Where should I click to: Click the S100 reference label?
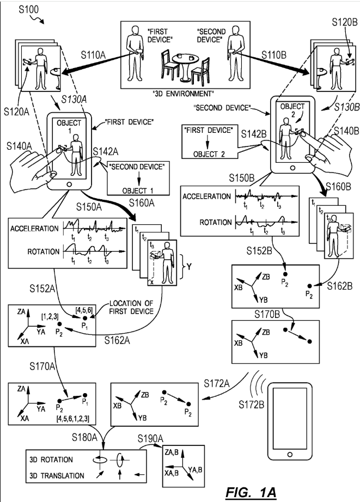(x=28, y=9)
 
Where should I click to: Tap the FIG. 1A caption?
(x=251, y=492)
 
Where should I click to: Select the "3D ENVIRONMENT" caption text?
(x=184, y=94)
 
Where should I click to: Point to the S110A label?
(x=93, y=55)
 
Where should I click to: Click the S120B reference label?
(x=345, y=22)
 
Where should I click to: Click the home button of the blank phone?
(x=290, y=454)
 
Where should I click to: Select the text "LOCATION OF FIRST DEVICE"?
(x=131, y=307)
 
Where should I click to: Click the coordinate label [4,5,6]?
(x=84, y=310)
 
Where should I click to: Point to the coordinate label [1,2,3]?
(x=50, y=317)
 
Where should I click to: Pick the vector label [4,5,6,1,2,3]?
(x=73, y=419)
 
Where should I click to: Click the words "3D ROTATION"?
(x=51, y=460)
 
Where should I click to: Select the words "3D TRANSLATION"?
(x=57, y=475)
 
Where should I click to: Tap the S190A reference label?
(x=150, y=438)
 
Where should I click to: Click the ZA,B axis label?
(x=172, y=452)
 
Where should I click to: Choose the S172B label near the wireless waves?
(x=252, y=405)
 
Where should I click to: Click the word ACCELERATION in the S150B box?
(x=206, y=196)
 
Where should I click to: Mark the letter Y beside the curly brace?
(x=189, y=266)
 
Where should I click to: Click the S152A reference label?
(x=42, y=289)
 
